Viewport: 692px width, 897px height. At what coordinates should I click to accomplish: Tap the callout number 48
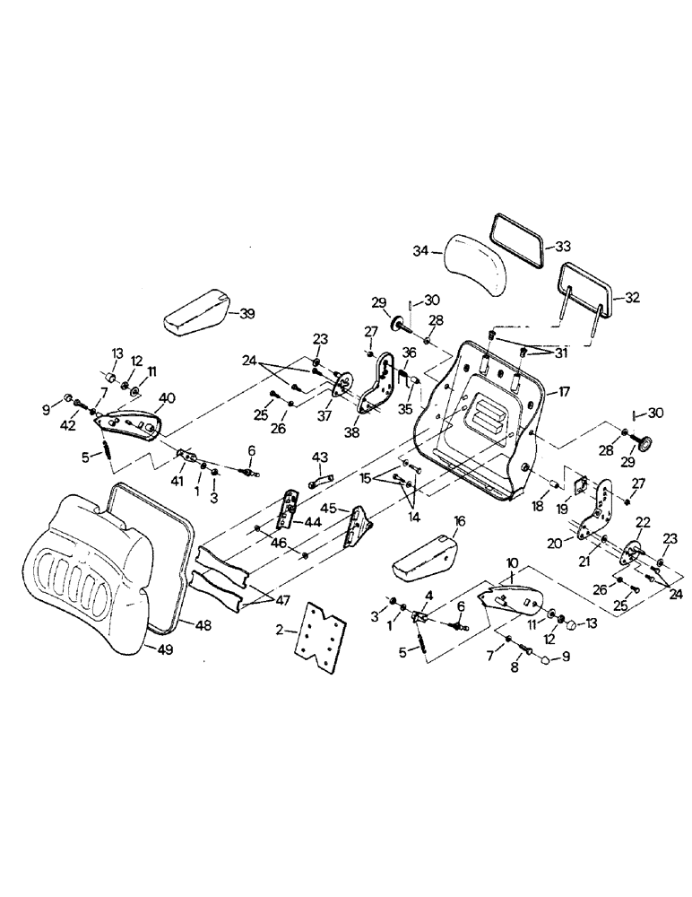203,625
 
